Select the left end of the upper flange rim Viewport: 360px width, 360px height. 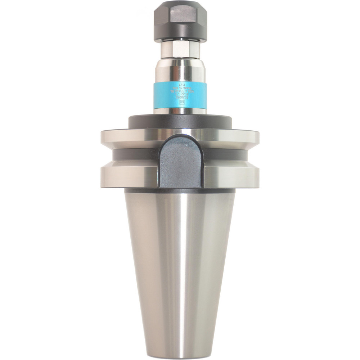point(104,139)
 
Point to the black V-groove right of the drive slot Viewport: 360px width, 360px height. point(227,156)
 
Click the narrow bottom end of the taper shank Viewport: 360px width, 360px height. point(180,351)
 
